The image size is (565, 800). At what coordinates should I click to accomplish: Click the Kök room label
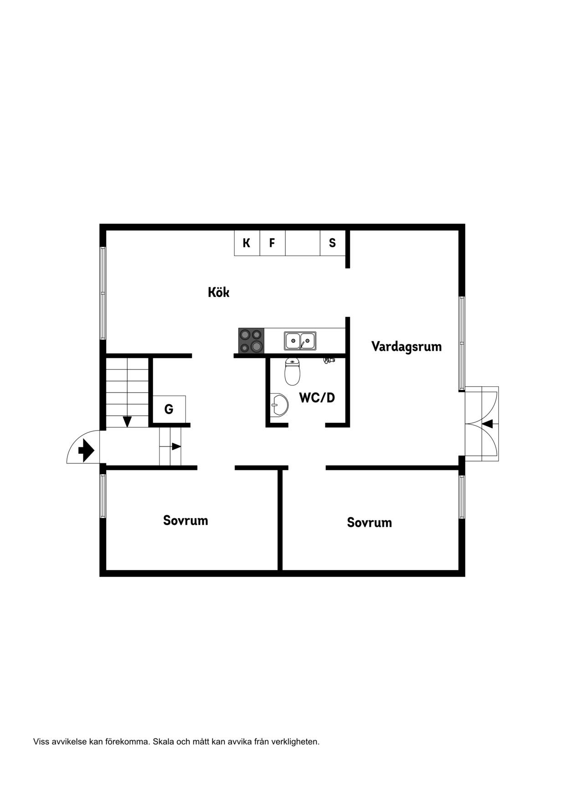(219, 292)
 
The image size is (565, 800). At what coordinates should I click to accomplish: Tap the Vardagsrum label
(406, 347)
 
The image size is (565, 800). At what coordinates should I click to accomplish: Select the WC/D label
(317, 398)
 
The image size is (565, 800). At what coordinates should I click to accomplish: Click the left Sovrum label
(185, 520)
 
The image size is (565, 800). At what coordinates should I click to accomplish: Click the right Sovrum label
(370, 522)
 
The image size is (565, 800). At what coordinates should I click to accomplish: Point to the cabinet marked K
(247, 243)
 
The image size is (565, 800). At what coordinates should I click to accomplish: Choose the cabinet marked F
(272, 243)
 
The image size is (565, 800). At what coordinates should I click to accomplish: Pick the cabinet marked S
(333, 243)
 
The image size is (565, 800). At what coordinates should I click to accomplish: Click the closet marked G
(169, 409)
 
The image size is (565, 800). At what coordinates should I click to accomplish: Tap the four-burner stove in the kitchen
(251, 341)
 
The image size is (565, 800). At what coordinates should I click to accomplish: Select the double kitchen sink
(300, 341)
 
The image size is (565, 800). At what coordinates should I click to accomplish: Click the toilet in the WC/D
(293, 372)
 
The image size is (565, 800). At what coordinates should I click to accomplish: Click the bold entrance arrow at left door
(86, 451)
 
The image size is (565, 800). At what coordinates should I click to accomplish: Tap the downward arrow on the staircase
(128, 421)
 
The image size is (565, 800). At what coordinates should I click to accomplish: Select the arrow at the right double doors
(487, 424)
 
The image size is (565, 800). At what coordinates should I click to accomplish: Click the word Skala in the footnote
(163, 742)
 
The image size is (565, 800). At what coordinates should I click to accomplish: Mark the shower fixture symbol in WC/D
(329, 360)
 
